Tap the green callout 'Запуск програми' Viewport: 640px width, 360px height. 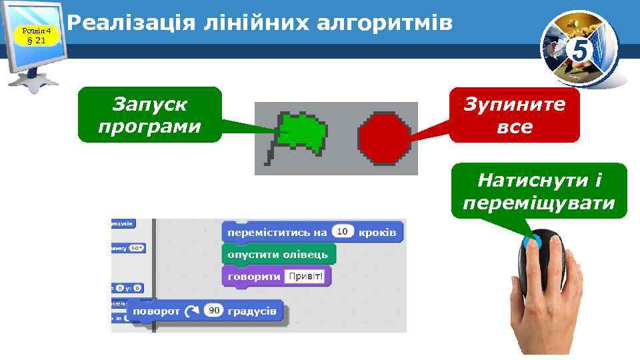(x=149, y=115)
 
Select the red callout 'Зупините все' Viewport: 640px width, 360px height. (x=514, y=115)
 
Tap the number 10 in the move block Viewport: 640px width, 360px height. (x=342, y=232)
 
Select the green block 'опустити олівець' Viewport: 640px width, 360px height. (x=278, y=254)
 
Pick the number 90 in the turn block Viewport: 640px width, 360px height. (x=213, y=311)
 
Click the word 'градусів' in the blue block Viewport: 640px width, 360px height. (x=252, y=311)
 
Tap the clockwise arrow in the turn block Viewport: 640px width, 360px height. (x=192, y=311)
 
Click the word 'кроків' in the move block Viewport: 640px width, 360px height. (x=377, y=233)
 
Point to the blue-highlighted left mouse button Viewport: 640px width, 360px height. (x=533, y=243)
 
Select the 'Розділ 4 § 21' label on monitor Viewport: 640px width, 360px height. (x=37, y=35)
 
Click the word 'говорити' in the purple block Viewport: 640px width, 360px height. (x=254, y=276)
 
